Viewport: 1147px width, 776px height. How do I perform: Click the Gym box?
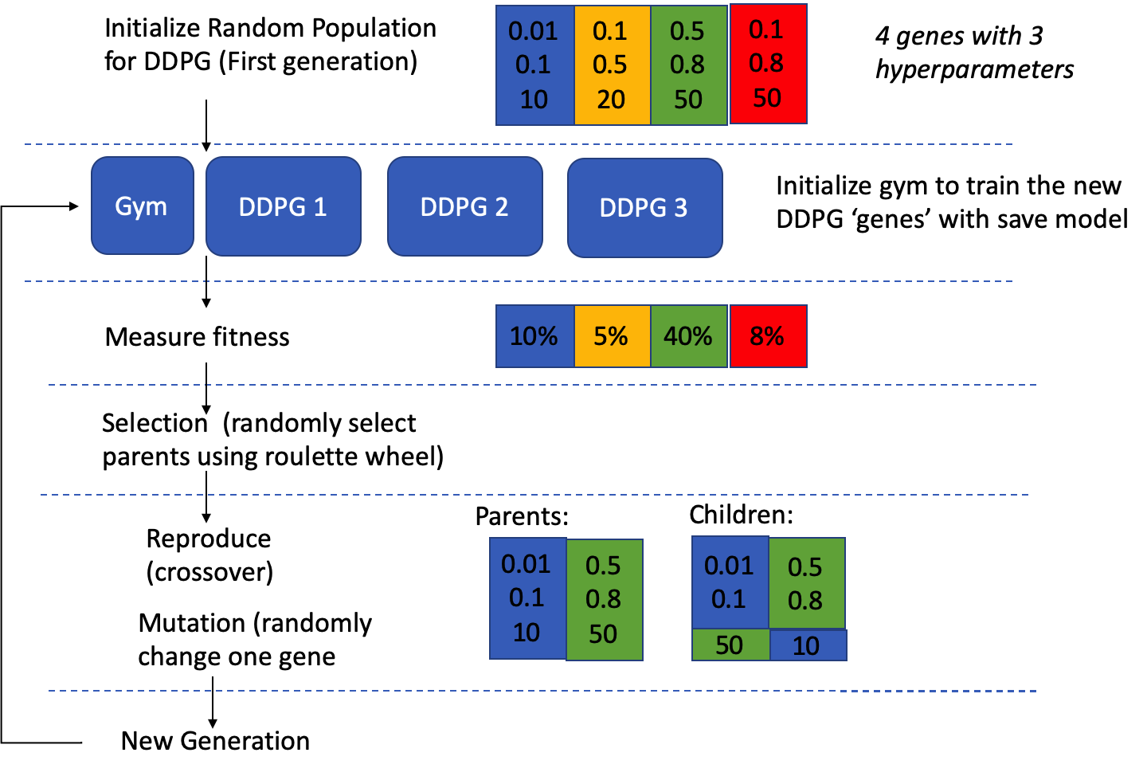click(x=142, y=206)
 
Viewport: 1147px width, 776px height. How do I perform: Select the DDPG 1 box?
click(x=283, y=207)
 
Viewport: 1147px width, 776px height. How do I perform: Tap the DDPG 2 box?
click(x=464, y=207)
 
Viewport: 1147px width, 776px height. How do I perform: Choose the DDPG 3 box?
click(x=644, y=208)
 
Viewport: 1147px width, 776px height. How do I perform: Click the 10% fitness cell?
click(x=534, y=336)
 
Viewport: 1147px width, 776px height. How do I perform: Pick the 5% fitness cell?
click(x=611, y=336)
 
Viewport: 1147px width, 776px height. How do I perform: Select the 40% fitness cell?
click(x=688, y=336)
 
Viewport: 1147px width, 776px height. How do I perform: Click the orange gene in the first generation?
click(x=611, y=65)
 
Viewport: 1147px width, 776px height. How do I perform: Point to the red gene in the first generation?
click(x=768, y=64)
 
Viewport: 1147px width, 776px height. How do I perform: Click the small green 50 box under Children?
click(x=730, y=645)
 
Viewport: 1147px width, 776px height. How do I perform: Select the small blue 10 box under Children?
click(x=807, y=645)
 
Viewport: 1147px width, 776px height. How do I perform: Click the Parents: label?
click(x=522, y=516)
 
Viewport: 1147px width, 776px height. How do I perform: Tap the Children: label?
click(x=741, y=515)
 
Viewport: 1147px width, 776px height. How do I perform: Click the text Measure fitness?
click(x=197, y=337)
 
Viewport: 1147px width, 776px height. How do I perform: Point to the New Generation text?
click(x=215, y=741)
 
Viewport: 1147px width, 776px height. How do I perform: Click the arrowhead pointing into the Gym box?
click(x=74, y=206)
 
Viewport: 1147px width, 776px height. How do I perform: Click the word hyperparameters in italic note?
click(x=974, y=70)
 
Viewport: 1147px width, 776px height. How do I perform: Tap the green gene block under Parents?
click(x=604, y=600)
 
